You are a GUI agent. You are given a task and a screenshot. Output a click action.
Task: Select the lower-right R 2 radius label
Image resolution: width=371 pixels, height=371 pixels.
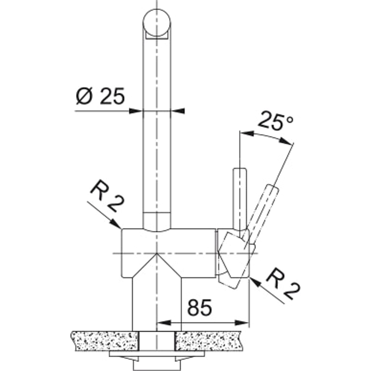(283, 284)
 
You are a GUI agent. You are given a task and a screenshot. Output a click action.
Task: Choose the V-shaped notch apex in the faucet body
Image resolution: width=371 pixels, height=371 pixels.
(156, 254)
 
